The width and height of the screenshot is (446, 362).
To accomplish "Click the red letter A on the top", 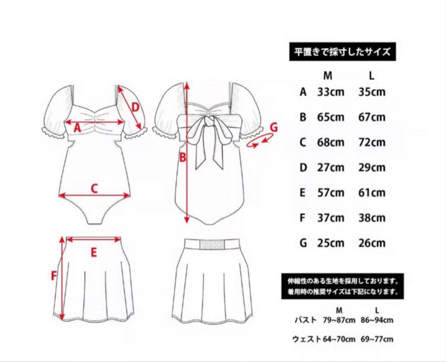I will tap(77, 128).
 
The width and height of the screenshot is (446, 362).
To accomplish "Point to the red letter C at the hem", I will tap(94, 188).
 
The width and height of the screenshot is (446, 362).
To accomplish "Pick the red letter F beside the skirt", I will tap(54, 275).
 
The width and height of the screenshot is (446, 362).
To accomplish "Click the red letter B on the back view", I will tap(183, 157).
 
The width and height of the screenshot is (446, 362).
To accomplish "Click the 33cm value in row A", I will tap(330, 92).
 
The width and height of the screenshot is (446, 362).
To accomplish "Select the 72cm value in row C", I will tap(372, 142).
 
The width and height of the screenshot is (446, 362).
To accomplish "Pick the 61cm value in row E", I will tap(372, 193).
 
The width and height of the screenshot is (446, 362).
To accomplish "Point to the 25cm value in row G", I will tap(330, 243).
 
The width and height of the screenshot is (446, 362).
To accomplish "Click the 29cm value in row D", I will tap(372, 168).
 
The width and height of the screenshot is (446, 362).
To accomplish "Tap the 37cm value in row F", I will tap(330, 218).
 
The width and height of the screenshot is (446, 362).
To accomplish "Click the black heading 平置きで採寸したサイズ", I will tap(342, 52).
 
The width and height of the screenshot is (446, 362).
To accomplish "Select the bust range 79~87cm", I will tap(338, 320).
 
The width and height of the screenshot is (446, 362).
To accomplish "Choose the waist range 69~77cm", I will tap(377, 340).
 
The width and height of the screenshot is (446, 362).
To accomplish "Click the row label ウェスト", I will tap(306, 340).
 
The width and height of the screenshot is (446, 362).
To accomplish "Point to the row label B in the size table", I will tap(303, 117).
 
